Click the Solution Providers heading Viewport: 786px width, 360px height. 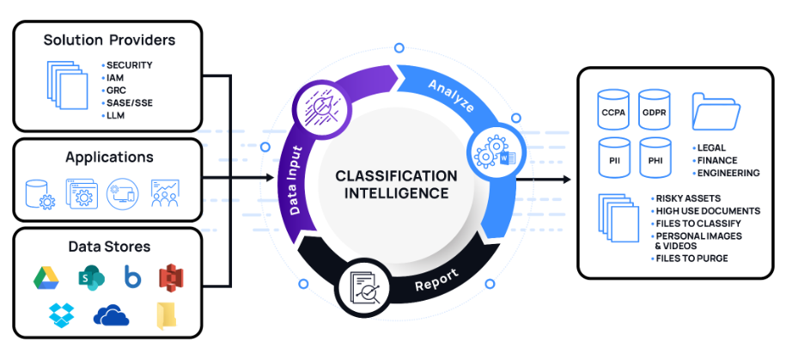[108, 40]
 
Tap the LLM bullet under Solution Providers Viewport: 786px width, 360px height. [116, 114]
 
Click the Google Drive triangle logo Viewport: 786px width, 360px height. [46, 277]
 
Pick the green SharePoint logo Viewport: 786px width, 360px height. [88, 277]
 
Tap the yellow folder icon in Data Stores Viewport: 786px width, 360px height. [166, 315]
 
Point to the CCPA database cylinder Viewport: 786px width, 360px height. [613, 110]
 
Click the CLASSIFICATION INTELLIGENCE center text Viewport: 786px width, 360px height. [396, 184]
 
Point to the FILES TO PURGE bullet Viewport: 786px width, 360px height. [692, 259]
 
